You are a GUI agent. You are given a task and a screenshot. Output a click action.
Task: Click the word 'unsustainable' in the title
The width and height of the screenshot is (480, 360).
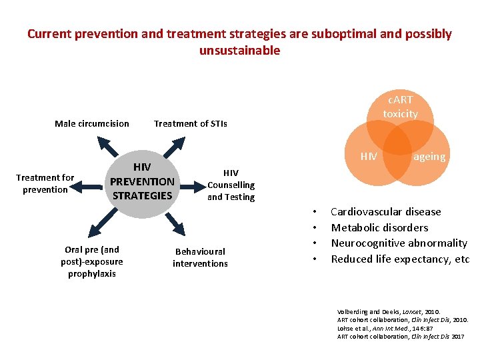pyautogui.click(x=239, y=51)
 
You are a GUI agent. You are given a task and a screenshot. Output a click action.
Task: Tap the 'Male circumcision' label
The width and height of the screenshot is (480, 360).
pyautogui.click(x=92, y=123)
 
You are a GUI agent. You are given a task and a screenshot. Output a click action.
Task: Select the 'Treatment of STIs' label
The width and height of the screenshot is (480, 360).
pyautogui.click(x=190, y=123)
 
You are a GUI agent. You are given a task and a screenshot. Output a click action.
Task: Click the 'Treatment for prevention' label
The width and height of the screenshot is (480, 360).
pyautogui.click(x=45, y=183)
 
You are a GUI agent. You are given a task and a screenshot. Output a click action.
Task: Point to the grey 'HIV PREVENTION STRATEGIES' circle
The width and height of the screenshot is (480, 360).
pyautogui.click(x=142, y=181)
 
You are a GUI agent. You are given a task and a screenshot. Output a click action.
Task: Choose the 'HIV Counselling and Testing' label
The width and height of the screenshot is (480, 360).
pyautogui.click(x=231, y=185)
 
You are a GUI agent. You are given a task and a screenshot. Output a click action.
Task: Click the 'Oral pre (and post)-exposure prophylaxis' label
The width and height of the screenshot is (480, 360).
pyautogui.click(x=91, y=261)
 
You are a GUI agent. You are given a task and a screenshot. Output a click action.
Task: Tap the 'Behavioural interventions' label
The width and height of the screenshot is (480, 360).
pyautogui.click(x=200, y=257)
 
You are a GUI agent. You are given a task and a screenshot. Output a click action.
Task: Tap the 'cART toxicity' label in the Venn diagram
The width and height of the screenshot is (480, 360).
pyautogui.click(x=400, y=107)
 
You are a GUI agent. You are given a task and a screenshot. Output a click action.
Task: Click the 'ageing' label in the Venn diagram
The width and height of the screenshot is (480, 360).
pyautogui.click(x=429, y=156)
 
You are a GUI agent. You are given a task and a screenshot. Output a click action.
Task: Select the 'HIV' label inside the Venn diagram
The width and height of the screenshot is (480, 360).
pyautogui.click(x=369, y=157)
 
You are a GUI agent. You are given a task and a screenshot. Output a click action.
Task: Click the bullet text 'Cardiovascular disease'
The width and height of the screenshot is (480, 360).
pyautogui.click(x=386, y=212)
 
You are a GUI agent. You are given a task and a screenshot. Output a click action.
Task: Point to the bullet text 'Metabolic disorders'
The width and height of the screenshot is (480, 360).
pyautogui.click(x=379, y=227)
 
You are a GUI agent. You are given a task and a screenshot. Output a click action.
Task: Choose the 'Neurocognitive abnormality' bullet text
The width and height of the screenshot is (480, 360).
pyautogui.click(x=399, y=243)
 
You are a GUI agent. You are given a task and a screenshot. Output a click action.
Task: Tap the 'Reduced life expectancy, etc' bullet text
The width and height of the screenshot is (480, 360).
pyautogui.click(x=400, y=259)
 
